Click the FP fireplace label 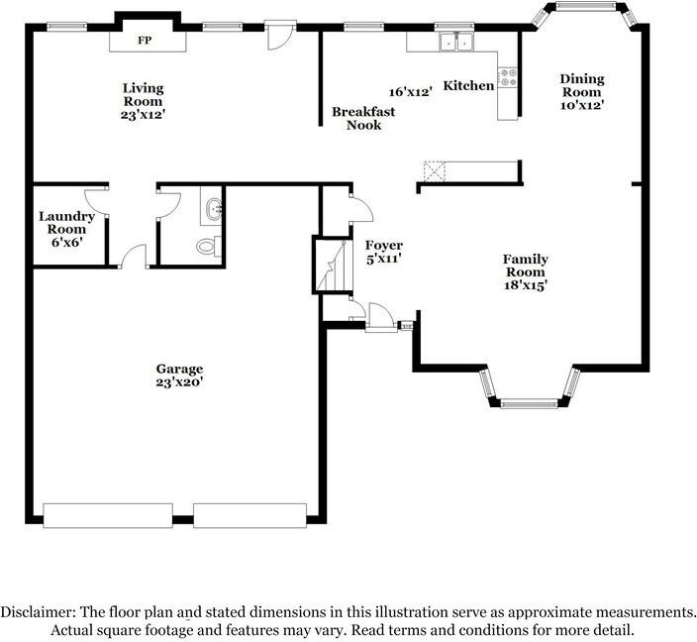pyautogui.click(x=145, y=41)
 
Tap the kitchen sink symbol pyautogui.click(x=456, y=43)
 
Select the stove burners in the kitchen pyautogui.click(x=508, y=77)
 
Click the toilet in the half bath pyautogui.click(x=209, y=246)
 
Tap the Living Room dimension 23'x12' pyautogui.click(x=143, y=115)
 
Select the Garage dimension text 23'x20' pyautogui.click(x=179, y=382)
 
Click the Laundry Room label pyautogui.click(x=66, y=223)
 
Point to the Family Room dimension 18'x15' pyautogui.click(x=525, y=285)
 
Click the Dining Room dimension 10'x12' pyautogui.click(x=581, y=105)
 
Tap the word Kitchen pyautogui.click(x=468, y=85)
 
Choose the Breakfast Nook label pyautogui.click(x=363, y=118)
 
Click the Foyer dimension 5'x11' pyautogui.click(x=384, y=259)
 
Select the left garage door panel pyautogui.click(x=108, y=515)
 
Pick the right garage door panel pyautogui.click(x=249, y=515)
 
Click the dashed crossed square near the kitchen pyautogui.click(x=435, y=171)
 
